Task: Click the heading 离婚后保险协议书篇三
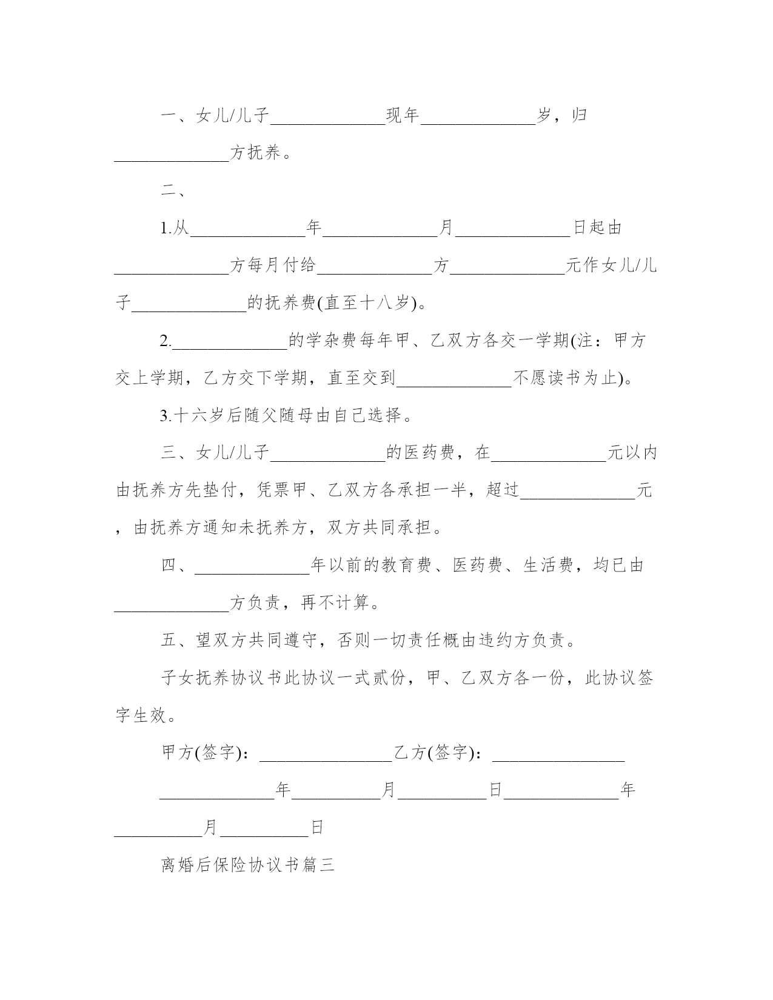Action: coord(248,865)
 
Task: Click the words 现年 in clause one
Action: coord(403,115)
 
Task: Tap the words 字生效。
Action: coord(146,715)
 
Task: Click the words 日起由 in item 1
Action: coord(597,228)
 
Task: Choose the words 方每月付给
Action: coord(273,265)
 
